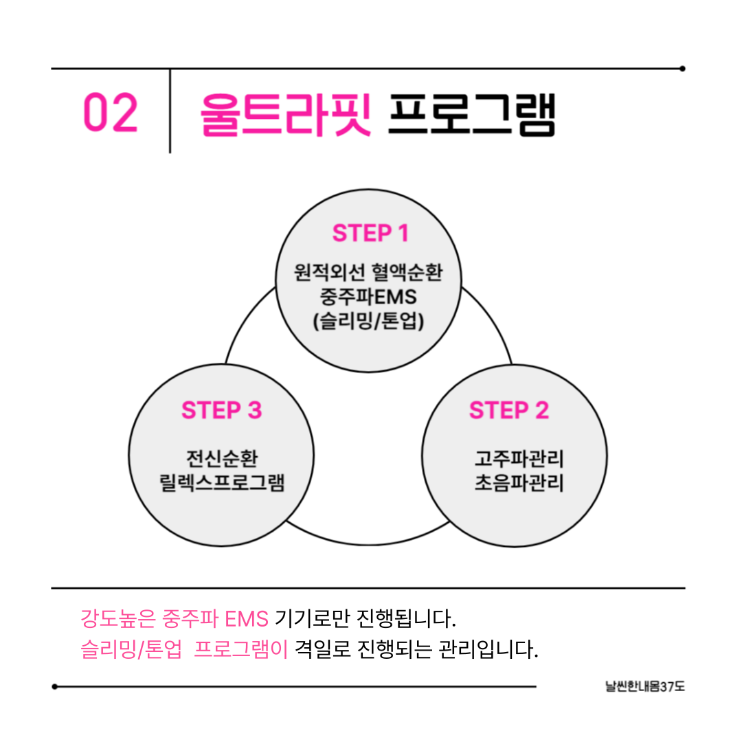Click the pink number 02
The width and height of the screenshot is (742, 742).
[x=111, y=114]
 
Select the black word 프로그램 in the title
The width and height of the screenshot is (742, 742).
[x=471, y=114]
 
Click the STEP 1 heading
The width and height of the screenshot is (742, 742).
[x=370, y=234]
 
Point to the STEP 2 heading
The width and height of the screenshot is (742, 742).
[x=509, y=411]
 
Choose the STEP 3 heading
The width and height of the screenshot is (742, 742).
[x=221, y=411]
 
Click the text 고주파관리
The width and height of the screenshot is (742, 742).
[x=519, y=458]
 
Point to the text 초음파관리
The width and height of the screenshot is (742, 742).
[x=519, y=483]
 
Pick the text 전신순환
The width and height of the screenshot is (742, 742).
[x=221, y=458]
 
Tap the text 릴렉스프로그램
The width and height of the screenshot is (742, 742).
[x=221, y=483]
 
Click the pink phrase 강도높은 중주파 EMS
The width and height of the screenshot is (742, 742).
[x=175, y=619]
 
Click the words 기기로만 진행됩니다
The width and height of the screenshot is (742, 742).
[x=366, y=619]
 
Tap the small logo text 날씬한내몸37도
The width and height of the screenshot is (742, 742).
[x=645, y=686]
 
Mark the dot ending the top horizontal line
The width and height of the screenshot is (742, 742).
[x=682, y=69]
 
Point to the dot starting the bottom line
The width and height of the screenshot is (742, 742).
[x=55, y=686]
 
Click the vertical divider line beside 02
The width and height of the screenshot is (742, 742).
[x=170, y=111]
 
